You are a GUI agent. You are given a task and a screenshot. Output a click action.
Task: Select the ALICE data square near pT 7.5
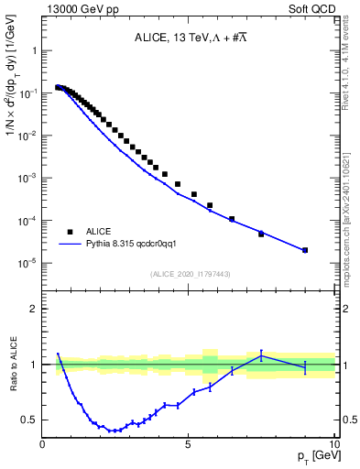point(261,234)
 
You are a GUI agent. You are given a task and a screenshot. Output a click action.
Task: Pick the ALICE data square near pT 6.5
point(232,219)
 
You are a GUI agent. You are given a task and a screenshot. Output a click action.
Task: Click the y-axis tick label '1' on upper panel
point(35,51)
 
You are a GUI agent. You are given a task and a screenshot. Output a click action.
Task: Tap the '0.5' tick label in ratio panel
point(30,420)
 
